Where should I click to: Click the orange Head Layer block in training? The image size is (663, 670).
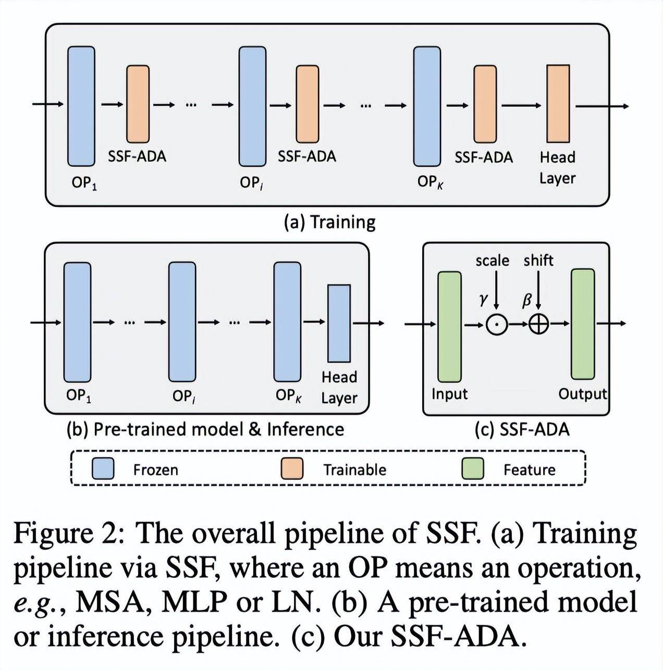(x=558, y=104)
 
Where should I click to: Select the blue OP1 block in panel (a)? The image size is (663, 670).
(x=81, y=106)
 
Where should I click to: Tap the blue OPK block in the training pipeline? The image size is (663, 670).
(x=427, y=106)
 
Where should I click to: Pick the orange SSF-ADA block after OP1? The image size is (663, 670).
(x=138, y=104)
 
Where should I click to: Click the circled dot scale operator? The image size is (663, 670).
(x=497, y=325)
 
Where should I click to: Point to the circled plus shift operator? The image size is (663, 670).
(x=539, y=325)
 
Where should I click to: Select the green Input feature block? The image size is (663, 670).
(x=449, y=327)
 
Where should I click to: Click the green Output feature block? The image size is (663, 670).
(x=583, y=324)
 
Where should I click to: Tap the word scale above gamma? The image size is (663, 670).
(x=492, y=260)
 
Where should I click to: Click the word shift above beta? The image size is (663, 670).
(x=538, y=260)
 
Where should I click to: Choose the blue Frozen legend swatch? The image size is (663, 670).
(x=103, y=469)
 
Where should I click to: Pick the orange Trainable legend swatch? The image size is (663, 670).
(x=292, y=469)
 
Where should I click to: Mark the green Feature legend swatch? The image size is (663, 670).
(x=473, y=469)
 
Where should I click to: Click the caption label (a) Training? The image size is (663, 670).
(x=329, y=222)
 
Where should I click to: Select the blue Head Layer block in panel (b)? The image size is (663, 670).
(x=339, y=324)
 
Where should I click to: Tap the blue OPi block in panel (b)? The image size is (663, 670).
(x=182, y=322)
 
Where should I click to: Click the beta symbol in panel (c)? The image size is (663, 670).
(x=527, y=301)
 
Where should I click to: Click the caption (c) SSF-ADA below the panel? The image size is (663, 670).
(x=522, y=429)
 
